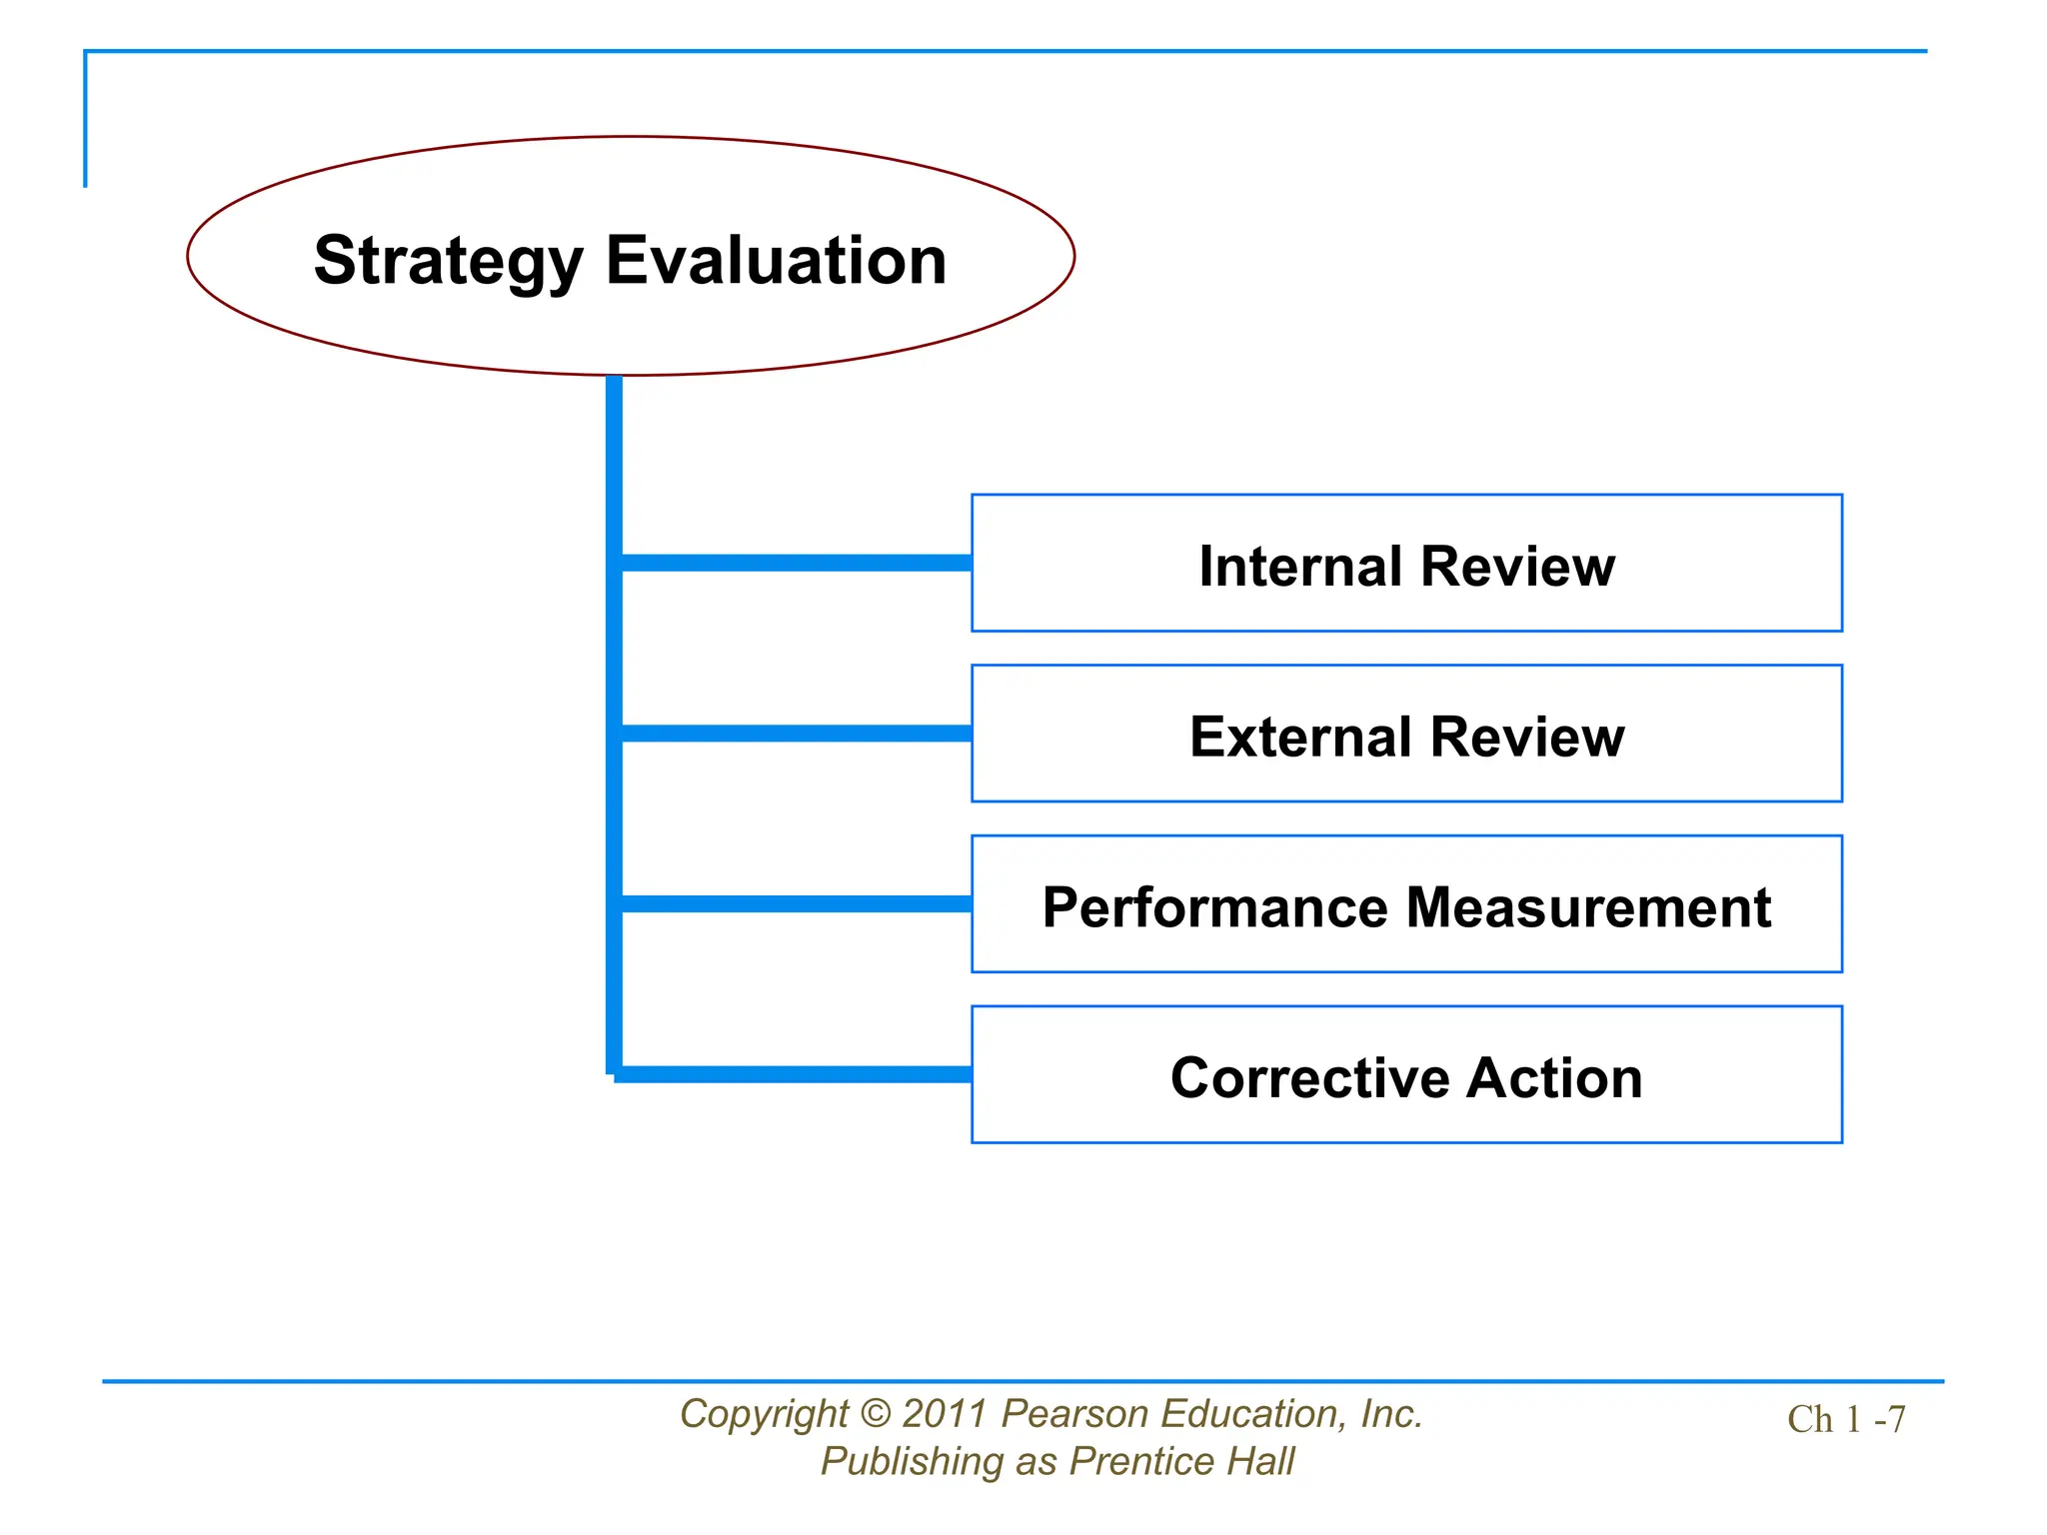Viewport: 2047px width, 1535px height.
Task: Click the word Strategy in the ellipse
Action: click(448, 261)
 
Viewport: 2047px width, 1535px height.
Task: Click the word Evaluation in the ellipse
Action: click(776, 261)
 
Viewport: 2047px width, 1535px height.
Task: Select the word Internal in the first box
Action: click(1300, 567)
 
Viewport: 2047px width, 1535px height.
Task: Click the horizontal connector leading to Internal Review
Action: click(796, 563)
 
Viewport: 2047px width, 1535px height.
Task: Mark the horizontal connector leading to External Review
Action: click(796, 734)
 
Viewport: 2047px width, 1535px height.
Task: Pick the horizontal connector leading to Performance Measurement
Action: click(796, 904)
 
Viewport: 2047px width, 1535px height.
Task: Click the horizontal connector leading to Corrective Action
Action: click(796, 1074)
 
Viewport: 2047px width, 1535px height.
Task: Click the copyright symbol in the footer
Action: click(875, 1414)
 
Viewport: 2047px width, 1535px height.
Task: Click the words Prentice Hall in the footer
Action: click(1180, 1462)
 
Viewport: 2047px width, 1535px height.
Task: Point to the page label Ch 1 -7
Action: click(1845, 1420)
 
